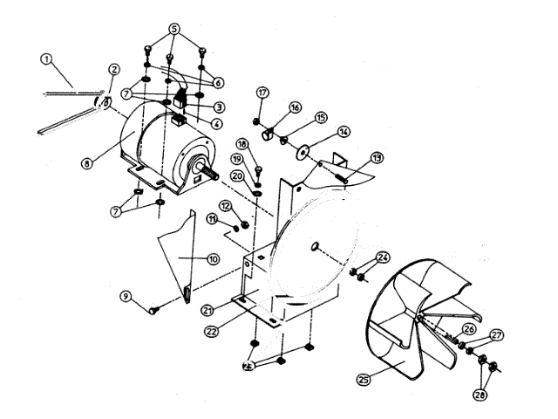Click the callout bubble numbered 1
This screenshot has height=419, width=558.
coord(46,61)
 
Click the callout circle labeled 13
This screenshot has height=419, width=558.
coord(377,158)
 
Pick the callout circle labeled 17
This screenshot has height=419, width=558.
coord(262,93)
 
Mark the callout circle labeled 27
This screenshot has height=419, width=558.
coord(497,335)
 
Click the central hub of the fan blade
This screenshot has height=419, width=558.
coord(421,322)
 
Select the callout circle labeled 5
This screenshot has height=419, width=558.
coord(174,28)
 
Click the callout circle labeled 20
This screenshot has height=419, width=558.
coord(236,175)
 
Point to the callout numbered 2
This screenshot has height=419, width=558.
coord(113,70)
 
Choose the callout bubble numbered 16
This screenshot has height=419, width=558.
coord(295,107)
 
